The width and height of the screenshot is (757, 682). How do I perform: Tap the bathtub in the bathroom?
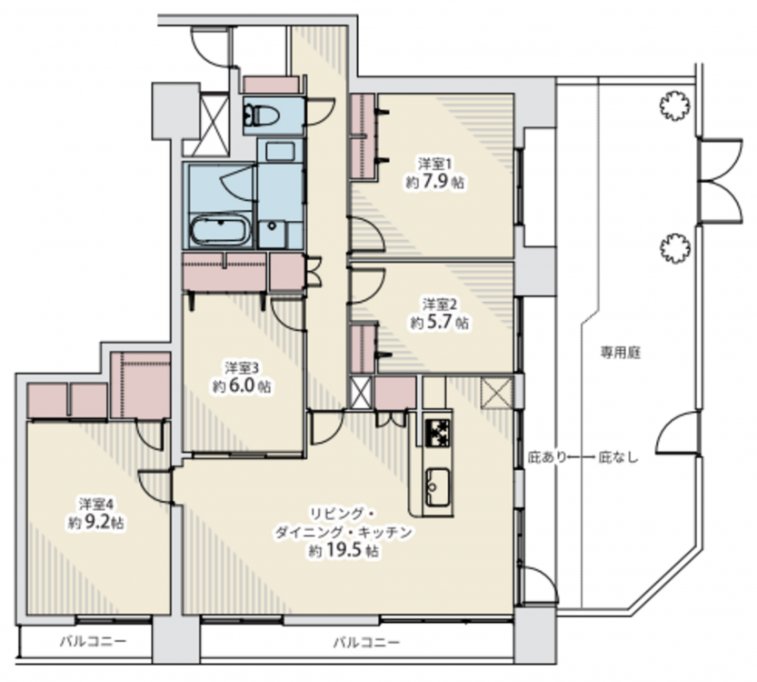[x=220, y=230]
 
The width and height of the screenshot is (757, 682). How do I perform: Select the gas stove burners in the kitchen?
[x=437, y=432]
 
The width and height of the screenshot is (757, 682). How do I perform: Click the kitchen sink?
[x=437, y=486]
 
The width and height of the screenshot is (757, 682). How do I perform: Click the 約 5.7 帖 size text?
[x=439, y=322]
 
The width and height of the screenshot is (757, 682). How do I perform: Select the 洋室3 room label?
[x=242, y=368]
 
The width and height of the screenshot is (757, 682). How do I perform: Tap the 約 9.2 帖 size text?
[x=96, y=522]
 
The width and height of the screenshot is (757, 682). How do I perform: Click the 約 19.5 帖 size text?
[x=344, y=551]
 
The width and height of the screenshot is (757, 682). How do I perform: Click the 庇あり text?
[x=546, y=456]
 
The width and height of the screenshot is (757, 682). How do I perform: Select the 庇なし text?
[x=619, y=456]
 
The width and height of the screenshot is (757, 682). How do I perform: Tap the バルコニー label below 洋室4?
[x=94, y=642]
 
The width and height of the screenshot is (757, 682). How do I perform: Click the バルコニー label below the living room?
[x=367, y=643]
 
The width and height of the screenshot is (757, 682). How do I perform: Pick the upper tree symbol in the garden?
[x=674, y=105]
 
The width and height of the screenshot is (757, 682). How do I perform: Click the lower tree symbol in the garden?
[x=674, y=248]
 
